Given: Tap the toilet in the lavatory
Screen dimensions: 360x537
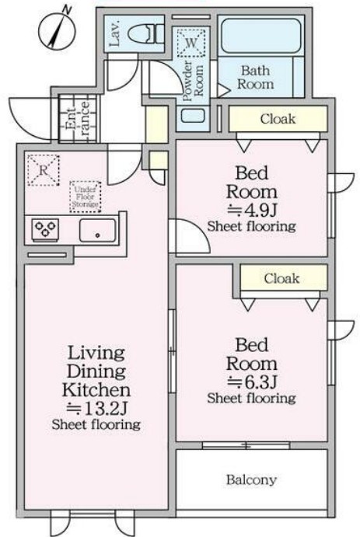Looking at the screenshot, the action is point(146,34).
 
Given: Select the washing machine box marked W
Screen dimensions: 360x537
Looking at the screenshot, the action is point(191,43).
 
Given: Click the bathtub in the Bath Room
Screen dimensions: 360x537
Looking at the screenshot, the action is point(261,36).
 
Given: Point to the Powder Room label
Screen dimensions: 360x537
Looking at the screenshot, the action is point(193,81).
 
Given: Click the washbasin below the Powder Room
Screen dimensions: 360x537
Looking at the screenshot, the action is point(193,116).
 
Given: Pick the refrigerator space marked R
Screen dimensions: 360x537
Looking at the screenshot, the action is point(44,170).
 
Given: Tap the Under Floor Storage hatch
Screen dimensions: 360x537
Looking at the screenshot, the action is point(86,197).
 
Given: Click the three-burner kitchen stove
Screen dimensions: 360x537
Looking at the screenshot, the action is point(45,229).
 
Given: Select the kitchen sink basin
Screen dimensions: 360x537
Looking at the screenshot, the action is point(98,231).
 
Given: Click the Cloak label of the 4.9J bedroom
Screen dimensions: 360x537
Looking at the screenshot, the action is point(278,119).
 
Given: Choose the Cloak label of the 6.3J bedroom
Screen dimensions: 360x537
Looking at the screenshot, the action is point(281,278).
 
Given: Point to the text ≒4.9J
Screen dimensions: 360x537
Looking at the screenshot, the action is point(252,210).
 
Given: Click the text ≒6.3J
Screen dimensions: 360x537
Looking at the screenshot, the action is point(252,382).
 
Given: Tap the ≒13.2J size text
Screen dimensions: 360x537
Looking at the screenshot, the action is point(97,408).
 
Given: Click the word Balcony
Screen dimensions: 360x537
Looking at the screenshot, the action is point(251,479).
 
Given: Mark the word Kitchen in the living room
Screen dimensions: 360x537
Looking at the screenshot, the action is point(96,390).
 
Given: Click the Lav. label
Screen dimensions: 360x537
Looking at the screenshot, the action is point(115,33).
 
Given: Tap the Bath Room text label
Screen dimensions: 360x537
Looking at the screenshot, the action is point(256,78).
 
